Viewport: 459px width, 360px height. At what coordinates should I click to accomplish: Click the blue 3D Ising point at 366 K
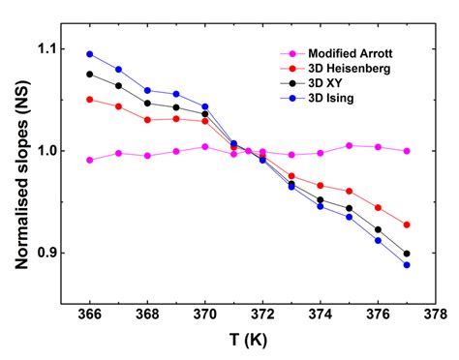pyautogui.click(x=90, y=54)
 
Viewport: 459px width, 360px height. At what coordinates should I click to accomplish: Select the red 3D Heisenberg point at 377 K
pyautogui.click(x=406, y=225)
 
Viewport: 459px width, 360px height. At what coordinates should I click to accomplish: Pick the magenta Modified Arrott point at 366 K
pyautogui.click(x=90, y=160)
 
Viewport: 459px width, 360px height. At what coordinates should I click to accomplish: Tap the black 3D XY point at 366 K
pyautogui.click(x=90, y=75)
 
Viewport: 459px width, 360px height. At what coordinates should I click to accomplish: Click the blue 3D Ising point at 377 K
pyautogui.click(x=406, y=264)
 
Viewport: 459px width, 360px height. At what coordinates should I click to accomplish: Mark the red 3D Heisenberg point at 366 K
pyautogui.click(x=90, y=100)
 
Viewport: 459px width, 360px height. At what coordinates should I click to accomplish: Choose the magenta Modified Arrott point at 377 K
pyautogui.click(x=406, y=151)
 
